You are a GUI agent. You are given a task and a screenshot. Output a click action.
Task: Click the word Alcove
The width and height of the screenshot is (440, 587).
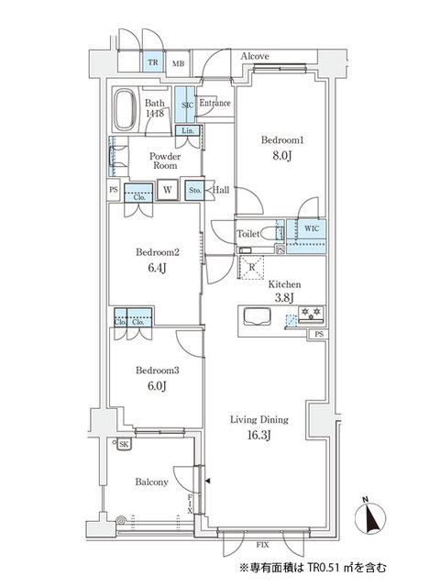click(254, 57)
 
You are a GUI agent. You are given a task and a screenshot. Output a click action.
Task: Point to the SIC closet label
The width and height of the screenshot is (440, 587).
click(186, 105)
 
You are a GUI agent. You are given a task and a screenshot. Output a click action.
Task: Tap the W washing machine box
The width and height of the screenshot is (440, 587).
click(167, 191)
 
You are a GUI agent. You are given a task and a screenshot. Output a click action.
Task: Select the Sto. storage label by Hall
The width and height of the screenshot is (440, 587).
click(194, 191)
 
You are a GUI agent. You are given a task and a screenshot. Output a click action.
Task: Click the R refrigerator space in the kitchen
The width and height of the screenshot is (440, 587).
click(252, 268)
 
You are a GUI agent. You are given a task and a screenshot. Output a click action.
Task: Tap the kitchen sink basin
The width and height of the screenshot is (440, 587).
click(255, 319)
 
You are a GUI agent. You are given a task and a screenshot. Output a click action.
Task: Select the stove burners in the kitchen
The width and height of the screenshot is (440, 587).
click(310, 312)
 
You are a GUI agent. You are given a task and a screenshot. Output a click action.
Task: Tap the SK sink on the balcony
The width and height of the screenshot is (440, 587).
click(123, 445)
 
